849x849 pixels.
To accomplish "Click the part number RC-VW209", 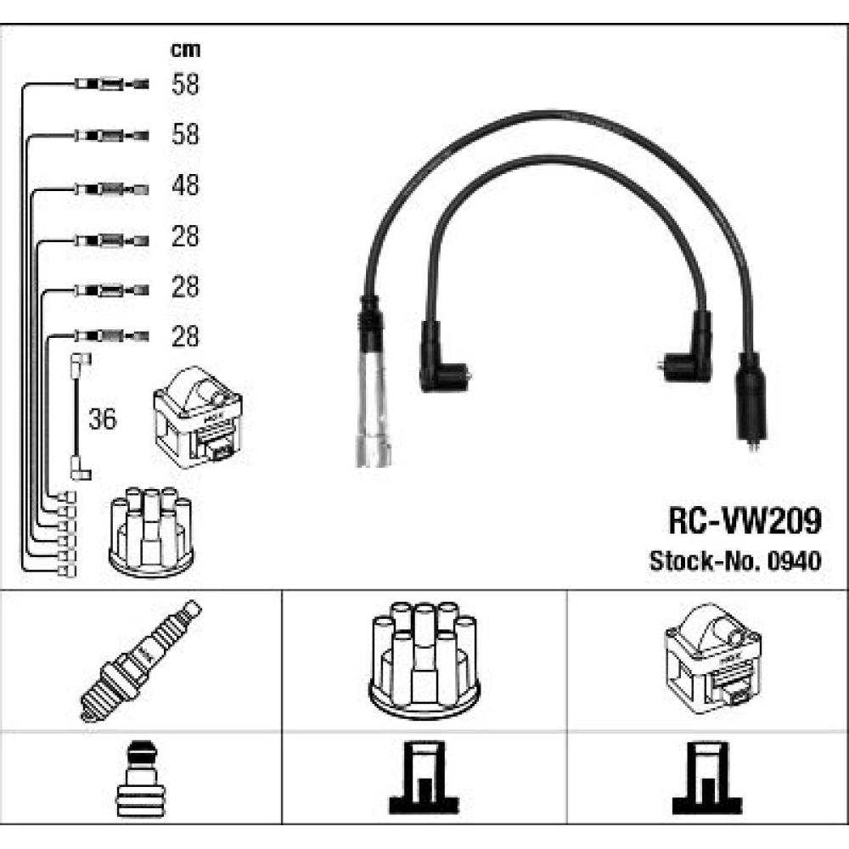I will [x=745, y=520].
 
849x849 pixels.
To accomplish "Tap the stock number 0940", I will [x=796, y=561].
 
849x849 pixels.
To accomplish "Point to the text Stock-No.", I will [x=708, y=561].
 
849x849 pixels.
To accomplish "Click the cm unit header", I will [x=184, y=50].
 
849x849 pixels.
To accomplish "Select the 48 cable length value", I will [x=184, y=185].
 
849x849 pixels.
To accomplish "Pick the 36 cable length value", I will [x=103, y=419].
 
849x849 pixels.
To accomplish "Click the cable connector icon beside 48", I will [x=111, y=188].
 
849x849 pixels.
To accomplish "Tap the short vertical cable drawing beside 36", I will [x=79, y=417].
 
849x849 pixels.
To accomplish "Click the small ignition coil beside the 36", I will [x=198, y=417].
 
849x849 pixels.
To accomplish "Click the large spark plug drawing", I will [x=141, y=661].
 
